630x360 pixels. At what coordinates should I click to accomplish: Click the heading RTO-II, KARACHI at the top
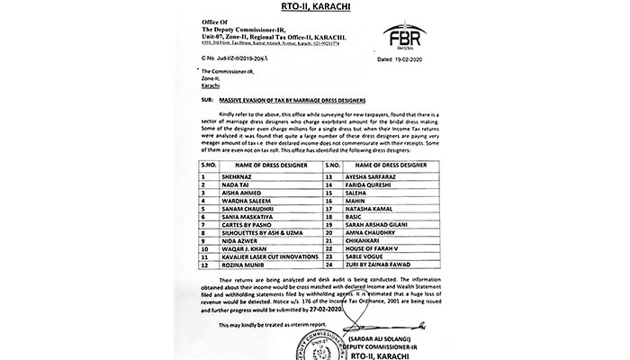(x=315, y=10)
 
